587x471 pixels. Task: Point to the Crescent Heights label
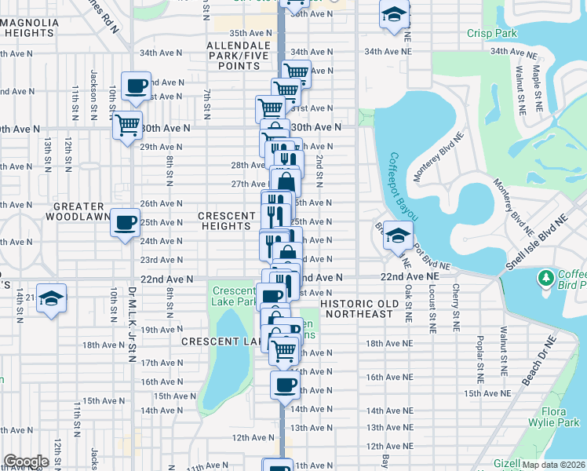point(228,221)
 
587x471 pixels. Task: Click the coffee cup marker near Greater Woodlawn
point(126,224)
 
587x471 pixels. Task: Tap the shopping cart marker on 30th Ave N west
point(126,124)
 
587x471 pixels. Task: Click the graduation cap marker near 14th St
point(51,298)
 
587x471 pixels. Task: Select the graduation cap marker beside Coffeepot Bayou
point(399,235)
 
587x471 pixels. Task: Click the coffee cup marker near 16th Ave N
point(286,385)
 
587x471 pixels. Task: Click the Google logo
point(26,462)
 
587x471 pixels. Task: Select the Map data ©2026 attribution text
point(552,465)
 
